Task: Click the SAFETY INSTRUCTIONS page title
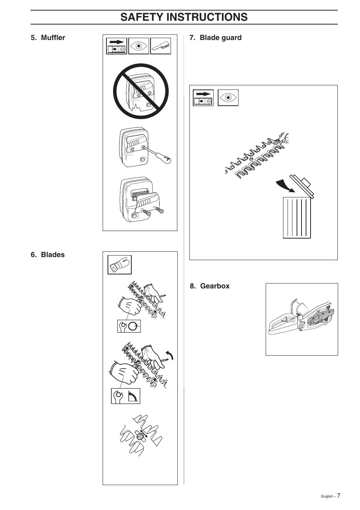[184, 17]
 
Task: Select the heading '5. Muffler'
[48, 38]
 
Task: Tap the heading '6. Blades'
[48, 255]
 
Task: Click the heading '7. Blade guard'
[215, 38]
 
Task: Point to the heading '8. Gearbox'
[210, 286]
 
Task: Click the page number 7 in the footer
[338, 496]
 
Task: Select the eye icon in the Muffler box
[138, 46]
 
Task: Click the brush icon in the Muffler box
[161, 46]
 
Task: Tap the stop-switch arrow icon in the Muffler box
[116, 46]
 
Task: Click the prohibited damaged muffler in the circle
[141, 92]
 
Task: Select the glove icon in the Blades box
[119, 265]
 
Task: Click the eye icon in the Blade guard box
[228, 98]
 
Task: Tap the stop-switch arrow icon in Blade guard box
[203, 98]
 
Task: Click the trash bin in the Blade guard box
[297, 217]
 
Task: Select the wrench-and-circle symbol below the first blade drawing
[129, 326]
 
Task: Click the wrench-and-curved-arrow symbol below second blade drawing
[125, 396]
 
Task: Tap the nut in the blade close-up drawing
[140, 436]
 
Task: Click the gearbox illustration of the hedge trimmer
[302, 319]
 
